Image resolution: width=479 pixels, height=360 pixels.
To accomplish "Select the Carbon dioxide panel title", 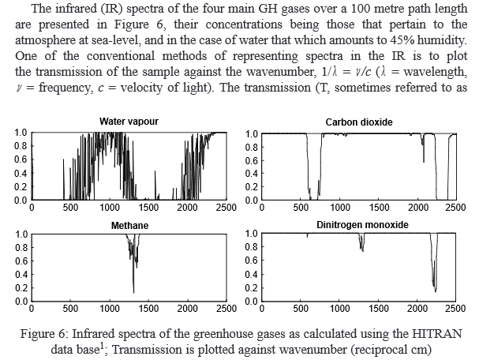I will click(358, 122).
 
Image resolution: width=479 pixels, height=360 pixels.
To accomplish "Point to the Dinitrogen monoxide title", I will click(359, 225).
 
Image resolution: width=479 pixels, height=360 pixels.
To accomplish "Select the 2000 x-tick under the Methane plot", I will click(188, 309).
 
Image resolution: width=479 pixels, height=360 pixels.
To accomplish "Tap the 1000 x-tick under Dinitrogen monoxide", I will click(340, 309).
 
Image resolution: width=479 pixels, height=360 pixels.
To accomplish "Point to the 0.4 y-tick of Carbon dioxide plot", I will click(251, 173).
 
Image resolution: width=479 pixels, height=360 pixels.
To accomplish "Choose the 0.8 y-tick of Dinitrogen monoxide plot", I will click(251, 247).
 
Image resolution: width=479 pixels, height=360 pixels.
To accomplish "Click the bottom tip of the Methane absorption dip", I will click(133, 293).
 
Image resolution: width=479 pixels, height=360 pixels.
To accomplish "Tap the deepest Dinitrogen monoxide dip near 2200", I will click(435, 289).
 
